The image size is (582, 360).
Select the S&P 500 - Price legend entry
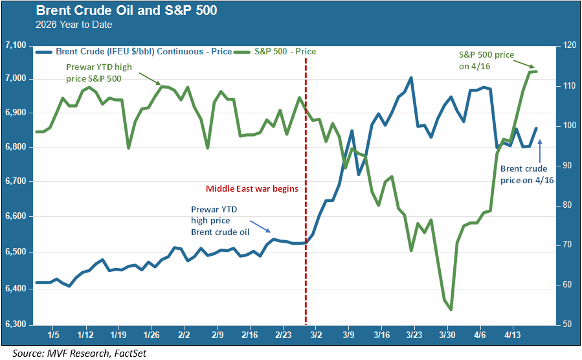tap(285, 51)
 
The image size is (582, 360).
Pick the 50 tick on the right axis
tap(566, 323)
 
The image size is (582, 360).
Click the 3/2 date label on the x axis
tap(316, 335)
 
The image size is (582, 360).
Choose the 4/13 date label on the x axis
tap(513, 335)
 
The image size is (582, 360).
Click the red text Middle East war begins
tap(251, 189)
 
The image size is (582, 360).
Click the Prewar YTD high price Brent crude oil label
tap(220, 220)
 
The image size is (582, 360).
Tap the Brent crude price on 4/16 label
tap(524, 175)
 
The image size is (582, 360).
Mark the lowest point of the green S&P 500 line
tap(451, 309)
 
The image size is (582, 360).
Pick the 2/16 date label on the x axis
tap(249, 335)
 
